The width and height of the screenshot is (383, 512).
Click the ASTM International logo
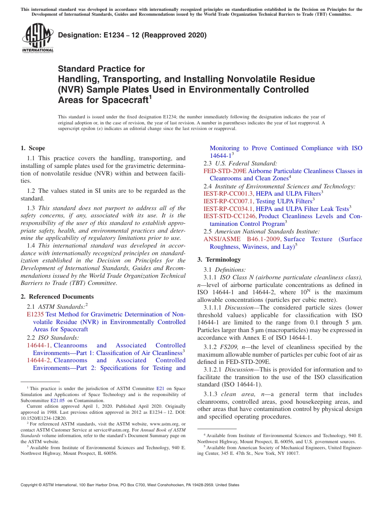(37, 39)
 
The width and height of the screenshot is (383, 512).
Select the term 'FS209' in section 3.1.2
(227, 347)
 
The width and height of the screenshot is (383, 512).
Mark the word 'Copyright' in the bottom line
(30, 485)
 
